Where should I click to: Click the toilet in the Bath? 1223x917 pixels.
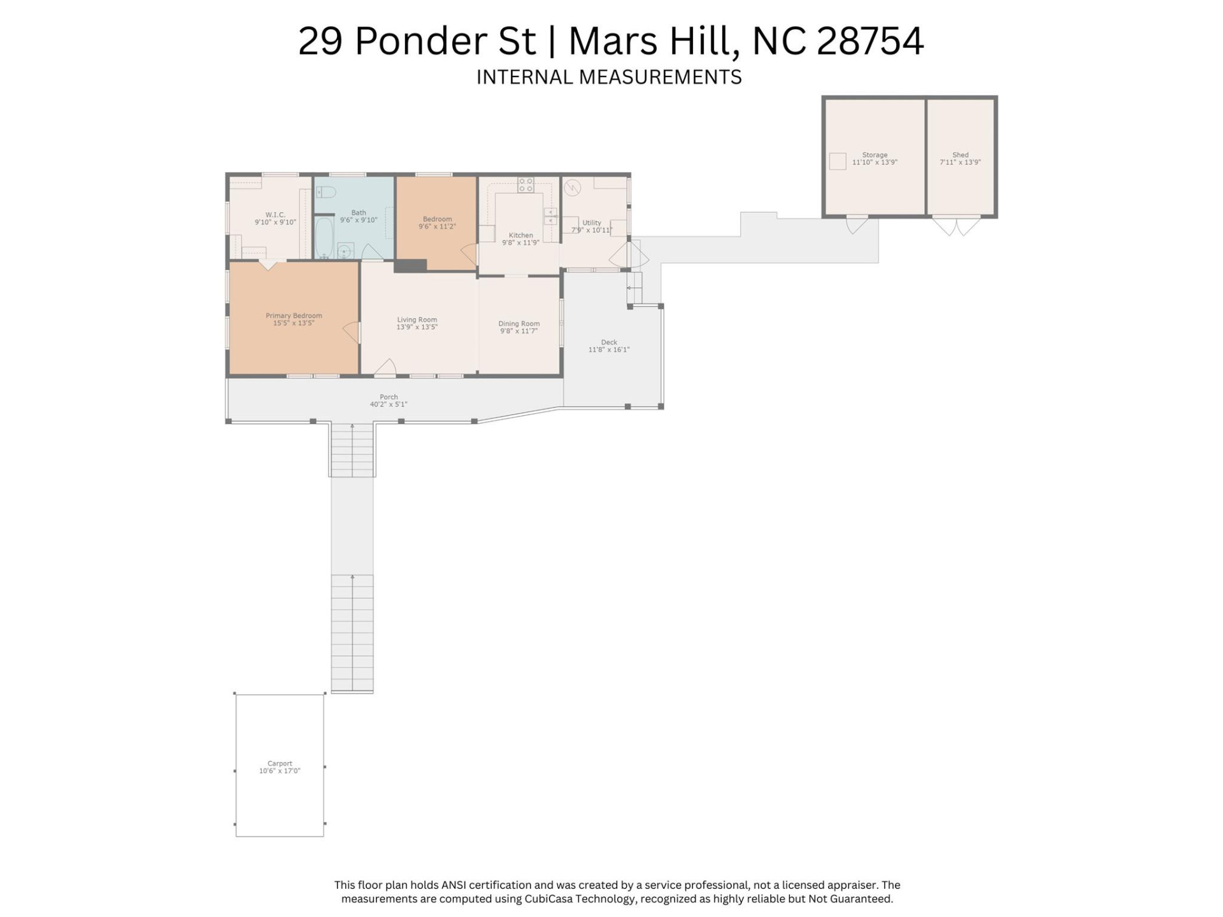(x=326, y=192)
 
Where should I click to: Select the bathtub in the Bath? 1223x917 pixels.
(x=324, y=237)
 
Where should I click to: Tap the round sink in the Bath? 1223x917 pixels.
(x=345, y=250)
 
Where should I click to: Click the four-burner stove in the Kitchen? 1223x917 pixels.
(x=526, y=185)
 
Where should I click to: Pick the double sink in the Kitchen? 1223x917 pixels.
(x=550, y=216)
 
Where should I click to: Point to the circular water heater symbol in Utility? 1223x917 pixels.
(x=573, y=187)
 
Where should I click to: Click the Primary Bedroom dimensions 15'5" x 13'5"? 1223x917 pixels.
(x=294, y=323)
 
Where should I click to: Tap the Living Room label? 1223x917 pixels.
(x=417, y=320)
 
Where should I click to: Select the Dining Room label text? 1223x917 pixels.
(x=519, y=323)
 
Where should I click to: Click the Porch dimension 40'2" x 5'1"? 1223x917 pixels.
(x=389, y=404)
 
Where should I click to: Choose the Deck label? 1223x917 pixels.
(x=609, y=342)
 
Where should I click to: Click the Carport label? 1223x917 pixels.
(x=280, y=763)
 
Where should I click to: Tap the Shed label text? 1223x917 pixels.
(x=960, y=155)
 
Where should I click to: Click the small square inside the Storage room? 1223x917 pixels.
(x=838, y=161)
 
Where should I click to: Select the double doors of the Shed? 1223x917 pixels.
(x=957, y=226)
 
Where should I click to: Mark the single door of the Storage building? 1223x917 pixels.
(x=856, y=224)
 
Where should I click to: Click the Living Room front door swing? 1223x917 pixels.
(x=385, y=368)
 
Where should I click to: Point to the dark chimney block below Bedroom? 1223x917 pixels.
(x=410, y=266)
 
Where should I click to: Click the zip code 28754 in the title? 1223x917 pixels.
(x=869, y=41)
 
